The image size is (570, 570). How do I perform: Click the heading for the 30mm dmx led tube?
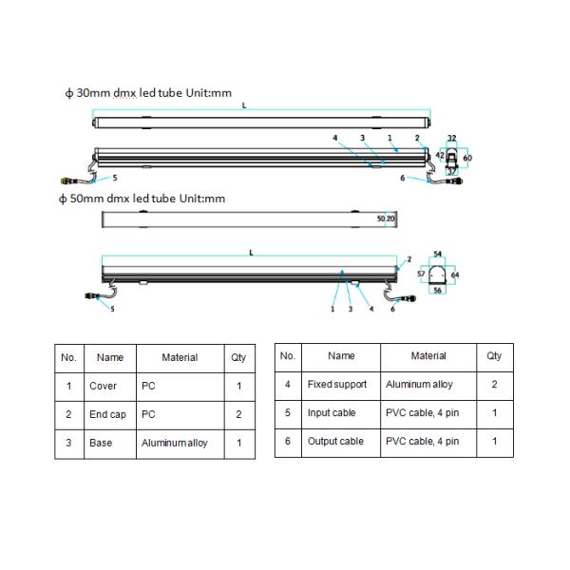[146, 94]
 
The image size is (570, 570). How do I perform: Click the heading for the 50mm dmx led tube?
[142, 199]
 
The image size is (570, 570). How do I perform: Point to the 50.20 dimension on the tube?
[386, 218]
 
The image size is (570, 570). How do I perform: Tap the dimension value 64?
[455, 275]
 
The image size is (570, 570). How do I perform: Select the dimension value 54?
[438, 255]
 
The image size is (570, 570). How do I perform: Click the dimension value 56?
[438, 291]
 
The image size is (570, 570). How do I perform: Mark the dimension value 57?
[420, 274]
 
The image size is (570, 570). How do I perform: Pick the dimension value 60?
[466, 158]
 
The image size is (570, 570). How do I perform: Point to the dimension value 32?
[451, 138]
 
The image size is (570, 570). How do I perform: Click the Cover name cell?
[103, 386]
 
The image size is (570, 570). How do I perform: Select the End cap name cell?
[107, 414]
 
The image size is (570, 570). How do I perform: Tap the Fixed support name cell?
[336, 385]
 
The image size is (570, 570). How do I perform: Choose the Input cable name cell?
[332, 413]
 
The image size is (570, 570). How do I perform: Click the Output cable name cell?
[335, 442]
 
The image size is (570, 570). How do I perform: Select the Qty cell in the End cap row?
[238, 414]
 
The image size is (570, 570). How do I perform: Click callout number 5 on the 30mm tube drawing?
[114, 178]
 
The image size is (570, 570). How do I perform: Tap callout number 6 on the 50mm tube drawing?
[392, 309]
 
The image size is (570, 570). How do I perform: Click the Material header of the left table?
[180, 357]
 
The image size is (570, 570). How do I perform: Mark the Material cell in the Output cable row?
[422, 442]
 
